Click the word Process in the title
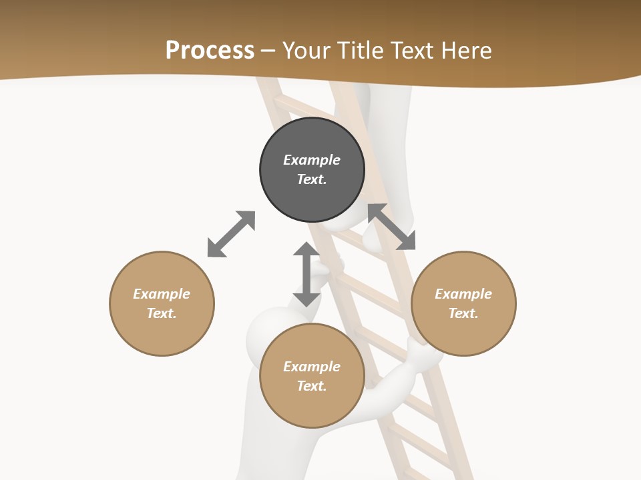coord(210,51)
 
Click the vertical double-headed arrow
coord(306,274)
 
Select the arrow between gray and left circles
coord(231,234)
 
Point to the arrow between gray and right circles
coord(391,227)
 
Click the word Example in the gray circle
coord(312,160)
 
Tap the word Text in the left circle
coord(161,313)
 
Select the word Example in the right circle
coord(463,294)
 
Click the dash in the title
coord(268,51)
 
